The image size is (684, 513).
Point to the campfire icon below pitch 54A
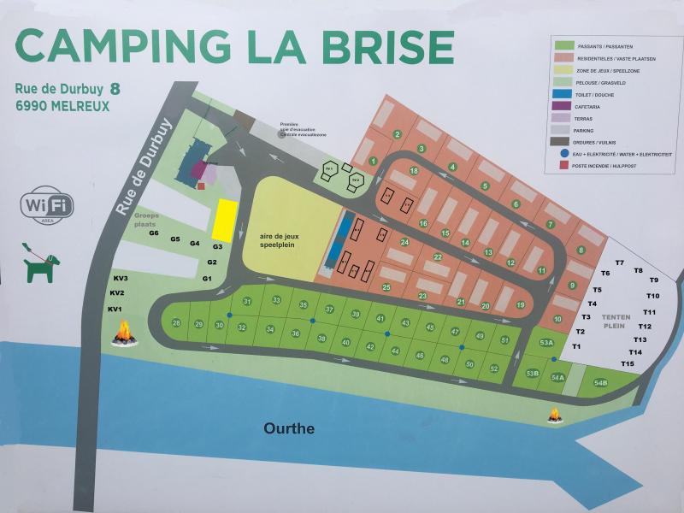coord(555,416)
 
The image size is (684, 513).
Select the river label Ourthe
coord(289,428)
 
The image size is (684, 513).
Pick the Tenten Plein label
coord(616,321)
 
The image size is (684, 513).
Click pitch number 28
coord(176,322)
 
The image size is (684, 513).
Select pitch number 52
coord(494,369)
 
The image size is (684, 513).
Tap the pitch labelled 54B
coord(599,383)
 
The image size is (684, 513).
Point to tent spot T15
coord(628,364)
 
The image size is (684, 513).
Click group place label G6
coord(154,233)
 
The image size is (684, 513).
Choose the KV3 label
coord(120,279)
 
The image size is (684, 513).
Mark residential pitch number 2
coord(398,134)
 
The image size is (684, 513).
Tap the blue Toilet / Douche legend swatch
coord(563,94)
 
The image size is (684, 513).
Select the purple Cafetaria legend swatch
coord(563,106)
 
